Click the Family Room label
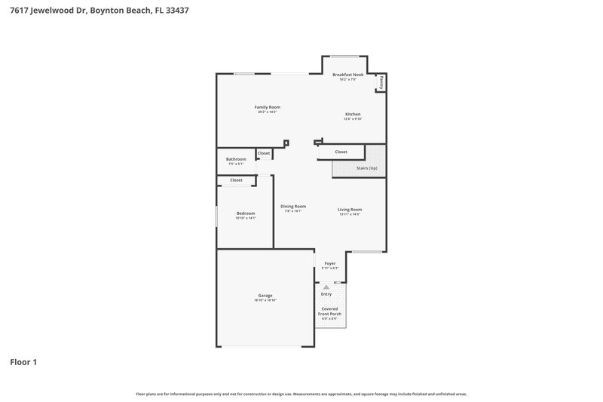(x=268, y=107)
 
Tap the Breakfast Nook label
(x=348, y=75)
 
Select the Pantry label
(x=382, y=82)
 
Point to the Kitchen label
(x=353, y=114)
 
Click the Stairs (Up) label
(x=366, y=167)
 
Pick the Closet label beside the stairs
(x=341, y=152)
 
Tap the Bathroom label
(x=236, y=159)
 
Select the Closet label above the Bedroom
(x=236, y=180)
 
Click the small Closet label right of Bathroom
(x=264, y=153)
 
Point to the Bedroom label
(x=246, y=213)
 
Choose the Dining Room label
(x=293, y=207)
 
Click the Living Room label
(x=350, y=209)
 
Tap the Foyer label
(x=329, y=263)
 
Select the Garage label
(x=265, y=295)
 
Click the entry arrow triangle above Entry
(x=326, y=287)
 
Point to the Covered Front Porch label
(x=329, y=311)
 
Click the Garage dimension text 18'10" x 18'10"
(x=265, y=300)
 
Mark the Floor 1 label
(x=23, y=362)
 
